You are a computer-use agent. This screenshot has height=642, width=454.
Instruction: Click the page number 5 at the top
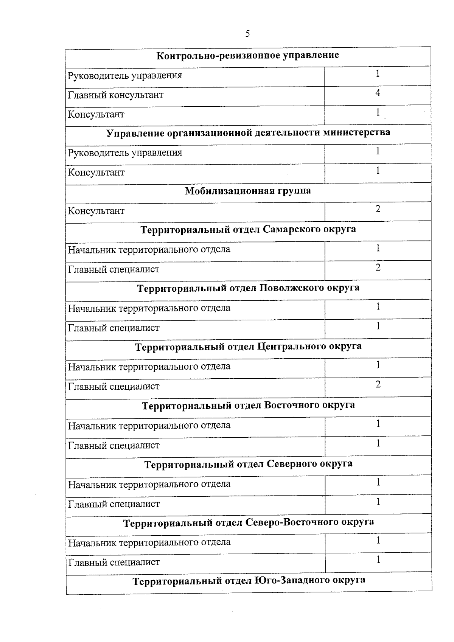247,34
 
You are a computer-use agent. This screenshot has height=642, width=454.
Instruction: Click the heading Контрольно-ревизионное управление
248,56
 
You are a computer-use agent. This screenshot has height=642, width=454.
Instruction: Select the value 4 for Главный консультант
378,93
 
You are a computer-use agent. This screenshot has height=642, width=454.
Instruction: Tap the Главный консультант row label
116,95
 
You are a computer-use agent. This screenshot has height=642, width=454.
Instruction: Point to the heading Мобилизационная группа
248,191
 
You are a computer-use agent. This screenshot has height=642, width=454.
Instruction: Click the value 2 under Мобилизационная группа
378,209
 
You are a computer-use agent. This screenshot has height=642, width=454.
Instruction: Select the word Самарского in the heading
292,230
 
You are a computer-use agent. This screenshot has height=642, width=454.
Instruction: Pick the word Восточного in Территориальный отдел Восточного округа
292,406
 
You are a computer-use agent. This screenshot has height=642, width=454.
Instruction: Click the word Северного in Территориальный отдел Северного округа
292,464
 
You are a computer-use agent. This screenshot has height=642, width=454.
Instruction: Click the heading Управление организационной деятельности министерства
248,133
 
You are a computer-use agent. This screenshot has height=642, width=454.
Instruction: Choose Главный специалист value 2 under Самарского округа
378,268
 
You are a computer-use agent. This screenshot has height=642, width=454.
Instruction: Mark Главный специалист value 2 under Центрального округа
378,385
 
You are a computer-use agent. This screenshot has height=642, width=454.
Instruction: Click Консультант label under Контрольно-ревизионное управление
96,114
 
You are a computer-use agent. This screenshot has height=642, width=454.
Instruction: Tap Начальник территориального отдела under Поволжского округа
149,308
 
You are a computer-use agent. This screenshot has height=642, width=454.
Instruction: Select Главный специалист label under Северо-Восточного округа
114,562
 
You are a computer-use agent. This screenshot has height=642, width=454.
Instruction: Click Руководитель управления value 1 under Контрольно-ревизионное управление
378,74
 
